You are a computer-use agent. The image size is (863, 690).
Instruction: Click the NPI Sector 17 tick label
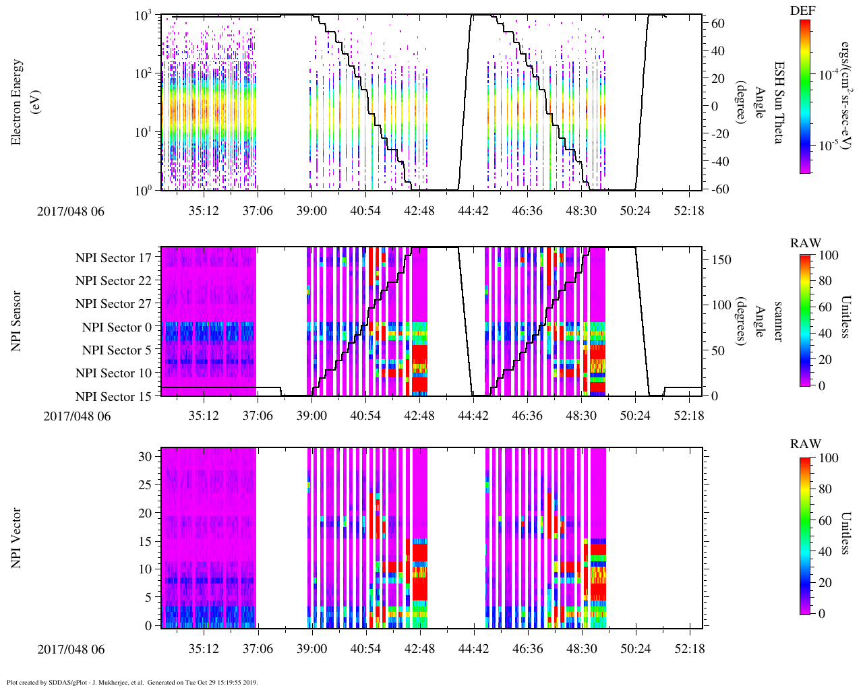[113, 258]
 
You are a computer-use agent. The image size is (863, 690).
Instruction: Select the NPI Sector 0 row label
[117, 327]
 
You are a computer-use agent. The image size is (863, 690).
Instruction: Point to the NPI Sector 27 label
[113, 304]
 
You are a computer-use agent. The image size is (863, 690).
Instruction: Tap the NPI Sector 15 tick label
[113, 397]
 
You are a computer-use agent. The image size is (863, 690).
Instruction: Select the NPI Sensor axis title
[17, 321]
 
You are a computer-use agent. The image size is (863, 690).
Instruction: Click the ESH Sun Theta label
[777, 102]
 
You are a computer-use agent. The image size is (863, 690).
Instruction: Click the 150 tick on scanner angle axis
[722, 260]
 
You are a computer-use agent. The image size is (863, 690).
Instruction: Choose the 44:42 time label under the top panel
[473, 211]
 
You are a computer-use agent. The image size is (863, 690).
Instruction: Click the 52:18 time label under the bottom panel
[688, 650]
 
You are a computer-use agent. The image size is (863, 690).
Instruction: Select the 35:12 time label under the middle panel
[203, 416]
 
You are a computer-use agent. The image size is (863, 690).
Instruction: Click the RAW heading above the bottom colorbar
[806, 444]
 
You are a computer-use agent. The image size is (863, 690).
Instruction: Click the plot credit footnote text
[132, 683]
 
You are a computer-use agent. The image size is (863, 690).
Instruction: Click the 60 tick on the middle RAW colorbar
[825, 307]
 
